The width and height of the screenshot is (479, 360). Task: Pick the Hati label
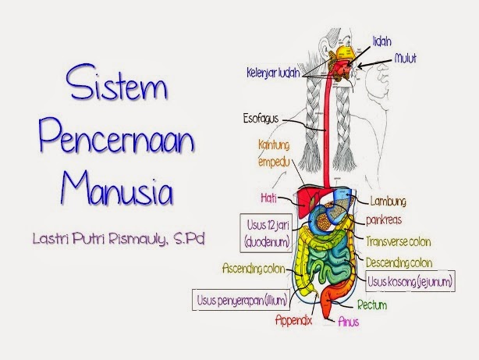270,197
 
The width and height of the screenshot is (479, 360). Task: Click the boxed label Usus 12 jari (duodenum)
265,233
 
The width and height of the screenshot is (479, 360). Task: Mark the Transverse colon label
397,241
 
